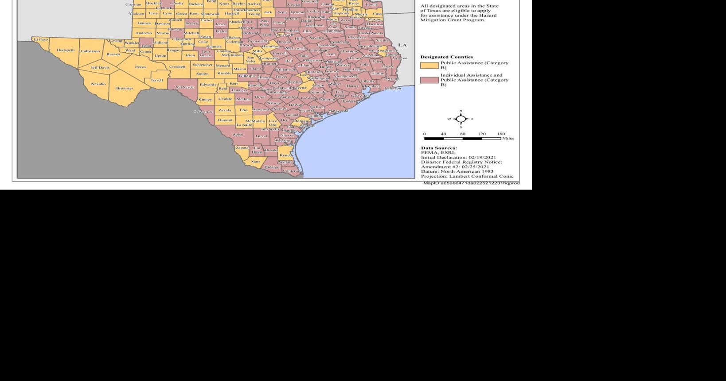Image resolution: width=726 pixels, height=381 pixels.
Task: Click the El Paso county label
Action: [x=41, y=39]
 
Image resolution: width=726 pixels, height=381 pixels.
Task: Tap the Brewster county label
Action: [x=125, y=88]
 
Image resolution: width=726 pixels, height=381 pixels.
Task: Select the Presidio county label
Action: [x=98, y=84]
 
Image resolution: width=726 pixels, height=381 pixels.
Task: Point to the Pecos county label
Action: [x=141, y=67]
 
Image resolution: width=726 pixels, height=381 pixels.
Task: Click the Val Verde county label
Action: [x=185, y=87]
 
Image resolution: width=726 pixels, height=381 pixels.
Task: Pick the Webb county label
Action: [x=238, y=134]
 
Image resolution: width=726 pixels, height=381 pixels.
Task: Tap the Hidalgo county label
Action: [x=272, y=167]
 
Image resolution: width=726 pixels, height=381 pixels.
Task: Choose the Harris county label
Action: [x=352, y=86]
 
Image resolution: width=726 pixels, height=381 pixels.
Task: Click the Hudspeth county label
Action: [x=66, y=50]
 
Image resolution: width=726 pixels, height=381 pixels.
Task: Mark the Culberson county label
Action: [x=90, y=51]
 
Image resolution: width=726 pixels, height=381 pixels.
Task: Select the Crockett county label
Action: [x=177, y=66]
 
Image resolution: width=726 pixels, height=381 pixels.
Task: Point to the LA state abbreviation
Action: [x=402, y=45]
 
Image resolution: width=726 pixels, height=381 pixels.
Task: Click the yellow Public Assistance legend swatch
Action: [x=429, y=66]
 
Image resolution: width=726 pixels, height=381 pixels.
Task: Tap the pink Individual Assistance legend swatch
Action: [x=429, y=80]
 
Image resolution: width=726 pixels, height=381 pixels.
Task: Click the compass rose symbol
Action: [x=461, y=119]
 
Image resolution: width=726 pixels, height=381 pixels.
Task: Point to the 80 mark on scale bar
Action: [x=462, y=134]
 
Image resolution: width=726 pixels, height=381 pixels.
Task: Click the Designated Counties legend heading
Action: [x=446, y=57]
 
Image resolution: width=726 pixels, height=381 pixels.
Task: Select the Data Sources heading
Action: [x=439, y=148]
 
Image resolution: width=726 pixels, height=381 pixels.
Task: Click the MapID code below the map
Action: [x=471, y=183]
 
